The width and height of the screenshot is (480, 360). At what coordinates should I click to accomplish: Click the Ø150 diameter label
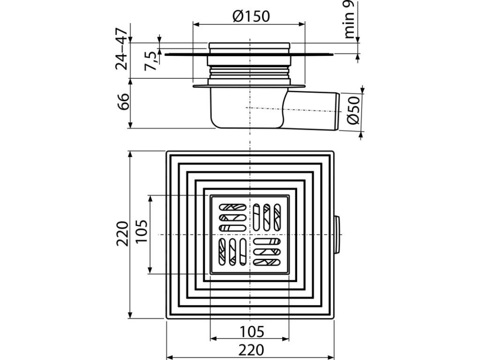[251, 16]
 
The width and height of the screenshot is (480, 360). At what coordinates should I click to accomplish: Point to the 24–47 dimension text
[122, 49]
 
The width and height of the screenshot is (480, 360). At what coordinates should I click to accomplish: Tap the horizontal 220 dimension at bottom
[251, 350]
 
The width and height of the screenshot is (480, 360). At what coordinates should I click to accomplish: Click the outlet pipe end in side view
[337, 112]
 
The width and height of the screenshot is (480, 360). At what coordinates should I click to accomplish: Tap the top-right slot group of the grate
[268, 216]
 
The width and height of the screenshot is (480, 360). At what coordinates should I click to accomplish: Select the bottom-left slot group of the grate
[232, 251]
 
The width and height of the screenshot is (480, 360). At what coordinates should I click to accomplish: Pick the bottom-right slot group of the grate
[268, 251]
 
